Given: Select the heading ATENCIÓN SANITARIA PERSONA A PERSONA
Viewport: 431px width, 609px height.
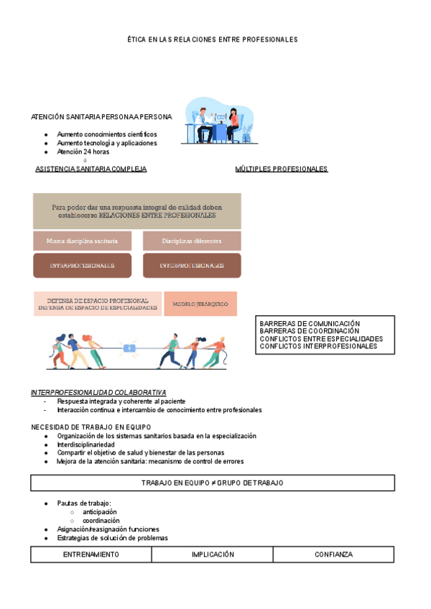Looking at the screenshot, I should [101, 116].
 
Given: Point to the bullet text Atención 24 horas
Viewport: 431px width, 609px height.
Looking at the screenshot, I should [83, 152].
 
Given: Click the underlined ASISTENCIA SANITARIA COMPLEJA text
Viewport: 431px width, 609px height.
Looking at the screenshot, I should [91, 169].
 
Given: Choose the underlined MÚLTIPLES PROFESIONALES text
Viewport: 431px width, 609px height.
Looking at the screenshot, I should [281, 169].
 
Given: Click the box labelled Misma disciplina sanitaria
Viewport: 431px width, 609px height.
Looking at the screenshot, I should [82, 241].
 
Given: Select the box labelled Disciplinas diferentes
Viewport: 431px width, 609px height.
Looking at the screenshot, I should [192, 241].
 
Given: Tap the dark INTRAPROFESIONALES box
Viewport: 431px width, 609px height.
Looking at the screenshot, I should [82, 266].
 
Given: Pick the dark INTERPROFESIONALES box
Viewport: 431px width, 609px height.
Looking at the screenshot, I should [192, 266].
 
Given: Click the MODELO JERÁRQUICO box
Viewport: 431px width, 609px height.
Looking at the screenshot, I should [200, 304].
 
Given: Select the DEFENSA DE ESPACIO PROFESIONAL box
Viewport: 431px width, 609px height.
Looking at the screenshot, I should [98, 304].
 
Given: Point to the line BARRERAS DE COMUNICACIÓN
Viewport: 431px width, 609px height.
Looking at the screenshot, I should [310, 324].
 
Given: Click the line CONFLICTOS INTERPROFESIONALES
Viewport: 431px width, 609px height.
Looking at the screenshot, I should [318, 346].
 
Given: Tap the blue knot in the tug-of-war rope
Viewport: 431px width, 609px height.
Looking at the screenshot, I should [130, 348].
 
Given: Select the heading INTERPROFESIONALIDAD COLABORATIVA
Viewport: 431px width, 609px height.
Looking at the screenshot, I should [98, 392].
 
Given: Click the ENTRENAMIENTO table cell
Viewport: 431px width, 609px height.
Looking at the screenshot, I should [91, 554].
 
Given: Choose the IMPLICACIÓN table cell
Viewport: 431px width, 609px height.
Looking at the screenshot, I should [213, 554].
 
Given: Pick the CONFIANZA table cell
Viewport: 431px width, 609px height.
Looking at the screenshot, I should [333, 554].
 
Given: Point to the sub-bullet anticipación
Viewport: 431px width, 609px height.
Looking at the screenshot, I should [100, 512].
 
